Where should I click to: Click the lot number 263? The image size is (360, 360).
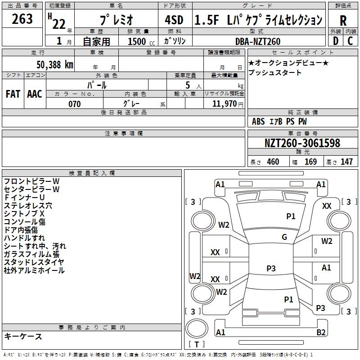[22, 19]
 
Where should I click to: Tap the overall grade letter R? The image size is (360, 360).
[343, 20]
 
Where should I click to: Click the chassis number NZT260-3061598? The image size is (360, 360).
[302, 144]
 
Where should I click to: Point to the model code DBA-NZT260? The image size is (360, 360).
[258, 41]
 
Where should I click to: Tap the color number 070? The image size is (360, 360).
[74, 104]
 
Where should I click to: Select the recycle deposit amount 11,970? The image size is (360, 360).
[224, 104]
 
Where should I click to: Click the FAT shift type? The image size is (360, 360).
[13, 94]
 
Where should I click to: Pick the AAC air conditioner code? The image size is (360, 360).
[35, 94]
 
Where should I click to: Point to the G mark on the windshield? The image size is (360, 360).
[284, 237]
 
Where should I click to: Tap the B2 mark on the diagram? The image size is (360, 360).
[321, 333]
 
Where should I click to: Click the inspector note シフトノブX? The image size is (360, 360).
[24, 213]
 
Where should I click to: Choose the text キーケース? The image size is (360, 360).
[23, 336]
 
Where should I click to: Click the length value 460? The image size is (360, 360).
[272, 162]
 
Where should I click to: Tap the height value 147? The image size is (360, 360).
[346, 162]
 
